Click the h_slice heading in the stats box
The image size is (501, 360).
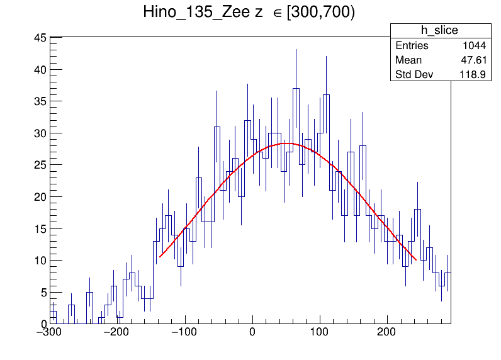[440, 31]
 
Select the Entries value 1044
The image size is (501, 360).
[473, 46]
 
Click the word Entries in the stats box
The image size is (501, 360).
[412, 46]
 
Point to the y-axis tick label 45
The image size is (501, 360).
[39, 38]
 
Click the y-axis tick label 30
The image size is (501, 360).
[39, 133]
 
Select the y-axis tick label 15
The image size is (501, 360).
[39, 229]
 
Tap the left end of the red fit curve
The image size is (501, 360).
[160, 257]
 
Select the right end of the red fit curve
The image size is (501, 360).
[415, 259]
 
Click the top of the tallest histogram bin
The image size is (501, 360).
[296, 88]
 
